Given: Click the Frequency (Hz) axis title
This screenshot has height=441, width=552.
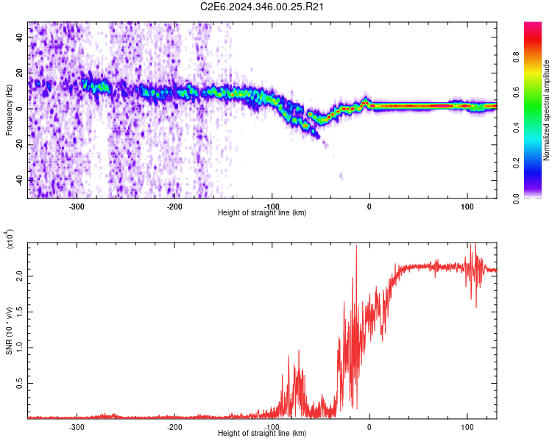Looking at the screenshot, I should click(x=9, y=110).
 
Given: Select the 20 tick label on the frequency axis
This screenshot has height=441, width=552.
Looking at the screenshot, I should click(x=20, y=73).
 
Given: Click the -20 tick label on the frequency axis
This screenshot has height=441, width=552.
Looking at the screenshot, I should click(x=18, y=144).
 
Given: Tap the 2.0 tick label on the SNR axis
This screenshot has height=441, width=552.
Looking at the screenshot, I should click(x=20, y=276).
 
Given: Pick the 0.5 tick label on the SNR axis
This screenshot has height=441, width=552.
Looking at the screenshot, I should click(x=20, y=383).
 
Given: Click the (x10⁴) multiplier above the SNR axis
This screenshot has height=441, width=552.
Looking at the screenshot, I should click(x=10, y=239).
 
